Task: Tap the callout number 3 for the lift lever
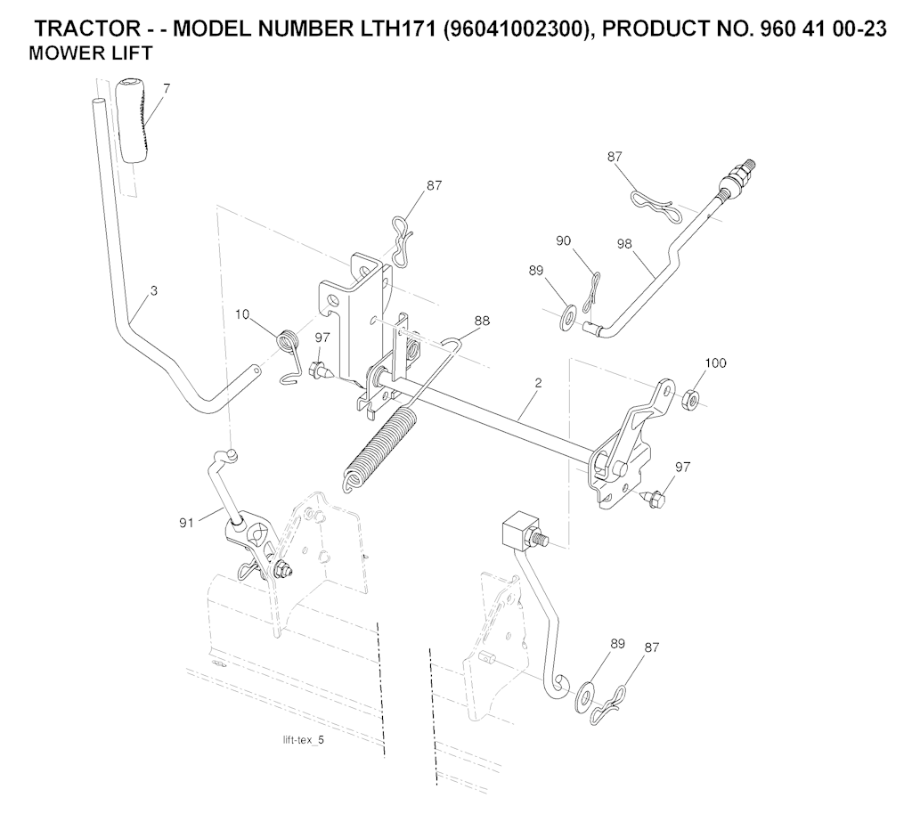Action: tap(154, 291)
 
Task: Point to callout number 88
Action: tap(482, 321)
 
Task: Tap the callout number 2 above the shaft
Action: tap(539, 383)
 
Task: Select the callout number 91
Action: tap(186, 524)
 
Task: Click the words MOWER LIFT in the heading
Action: tap(90, 53)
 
